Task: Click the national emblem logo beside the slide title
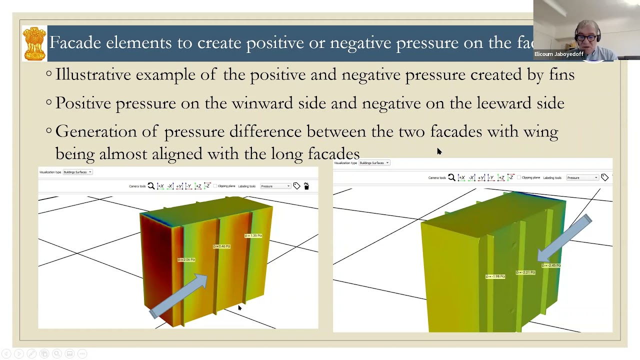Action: pyautogui.click(x=34, y=43)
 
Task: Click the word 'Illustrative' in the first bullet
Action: pyautogui.click(x=93, y=75)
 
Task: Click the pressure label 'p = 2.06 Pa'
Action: pyautogui.click(x=186, y=259)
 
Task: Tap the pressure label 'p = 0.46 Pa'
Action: pyautogui.click(x=221, y=246)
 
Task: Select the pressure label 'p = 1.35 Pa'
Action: pyautogui.click(x=253, y=235)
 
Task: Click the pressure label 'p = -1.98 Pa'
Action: pyautogui.click(x=495, y=276)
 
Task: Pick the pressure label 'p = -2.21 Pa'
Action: pyautogui.click(x=525, y=272)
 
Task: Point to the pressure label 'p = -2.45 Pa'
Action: pyautogui.click(x=551, y=265)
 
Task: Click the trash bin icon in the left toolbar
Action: pyautogui.click(x=306, y=186)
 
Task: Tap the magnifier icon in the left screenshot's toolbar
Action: pyautogui.click(x=151, y=186)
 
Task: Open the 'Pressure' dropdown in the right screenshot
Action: pyautogui.click(x=583, y=177)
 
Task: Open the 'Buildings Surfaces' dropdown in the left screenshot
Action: pyautogui.click(x=77, y=172)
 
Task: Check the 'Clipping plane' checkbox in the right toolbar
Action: pyautogui.click(x=519, y=177)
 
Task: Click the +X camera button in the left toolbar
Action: pyautogui.click(x=160, y=186)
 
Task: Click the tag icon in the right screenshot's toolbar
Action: pyautogui.click(x=604, y=177)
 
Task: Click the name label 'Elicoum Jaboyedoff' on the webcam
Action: pyautogui.click(x=558, y=54)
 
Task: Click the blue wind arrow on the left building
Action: pyautogui.click(x=180, y=295)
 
